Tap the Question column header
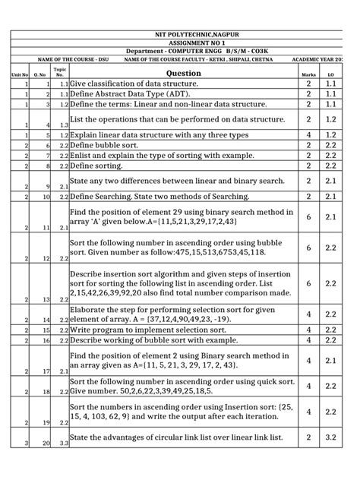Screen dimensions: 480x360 pyautogui.click(x=176, y=73)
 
